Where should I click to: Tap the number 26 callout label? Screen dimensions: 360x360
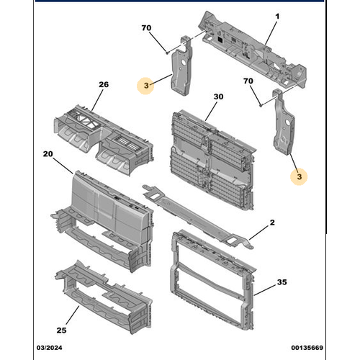(x=103, y=85)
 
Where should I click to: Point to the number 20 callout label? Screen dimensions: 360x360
(x=48, y=154)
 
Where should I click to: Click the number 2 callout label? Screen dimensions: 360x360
(x=271, y=224)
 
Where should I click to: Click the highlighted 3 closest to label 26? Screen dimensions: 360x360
(x=146, y=86)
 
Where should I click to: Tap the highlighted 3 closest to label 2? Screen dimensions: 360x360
(x=300, y=175)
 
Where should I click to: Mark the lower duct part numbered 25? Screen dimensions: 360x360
(x=104, y=299)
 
